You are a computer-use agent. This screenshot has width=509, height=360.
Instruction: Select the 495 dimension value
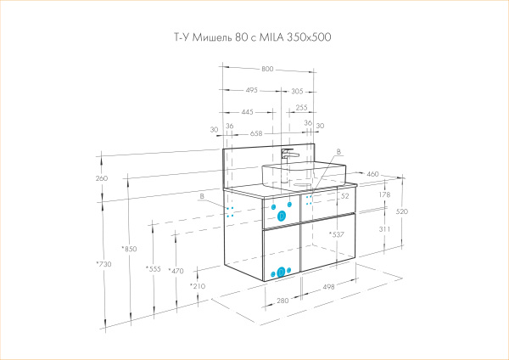(252, 89)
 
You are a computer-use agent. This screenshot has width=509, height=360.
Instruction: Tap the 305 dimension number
(297, 89)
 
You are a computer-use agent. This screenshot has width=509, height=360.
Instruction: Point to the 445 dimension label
(247, 111)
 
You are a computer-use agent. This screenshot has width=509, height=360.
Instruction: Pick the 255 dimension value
(301, 108)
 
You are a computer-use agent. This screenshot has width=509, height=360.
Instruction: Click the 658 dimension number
(256, 132)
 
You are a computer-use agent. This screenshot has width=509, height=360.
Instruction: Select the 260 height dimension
(103, 178)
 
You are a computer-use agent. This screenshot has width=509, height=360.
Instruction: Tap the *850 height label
(129, 249)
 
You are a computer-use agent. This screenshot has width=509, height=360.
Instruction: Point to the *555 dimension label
(153, 269)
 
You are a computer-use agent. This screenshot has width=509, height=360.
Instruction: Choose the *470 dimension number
(176, 271)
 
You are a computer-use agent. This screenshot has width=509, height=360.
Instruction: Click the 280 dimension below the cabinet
(282, 301)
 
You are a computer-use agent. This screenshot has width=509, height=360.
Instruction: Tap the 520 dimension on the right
(401, 211)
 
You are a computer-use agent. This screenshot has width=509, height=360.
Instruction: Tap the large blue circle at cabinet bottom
(280, 273)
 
